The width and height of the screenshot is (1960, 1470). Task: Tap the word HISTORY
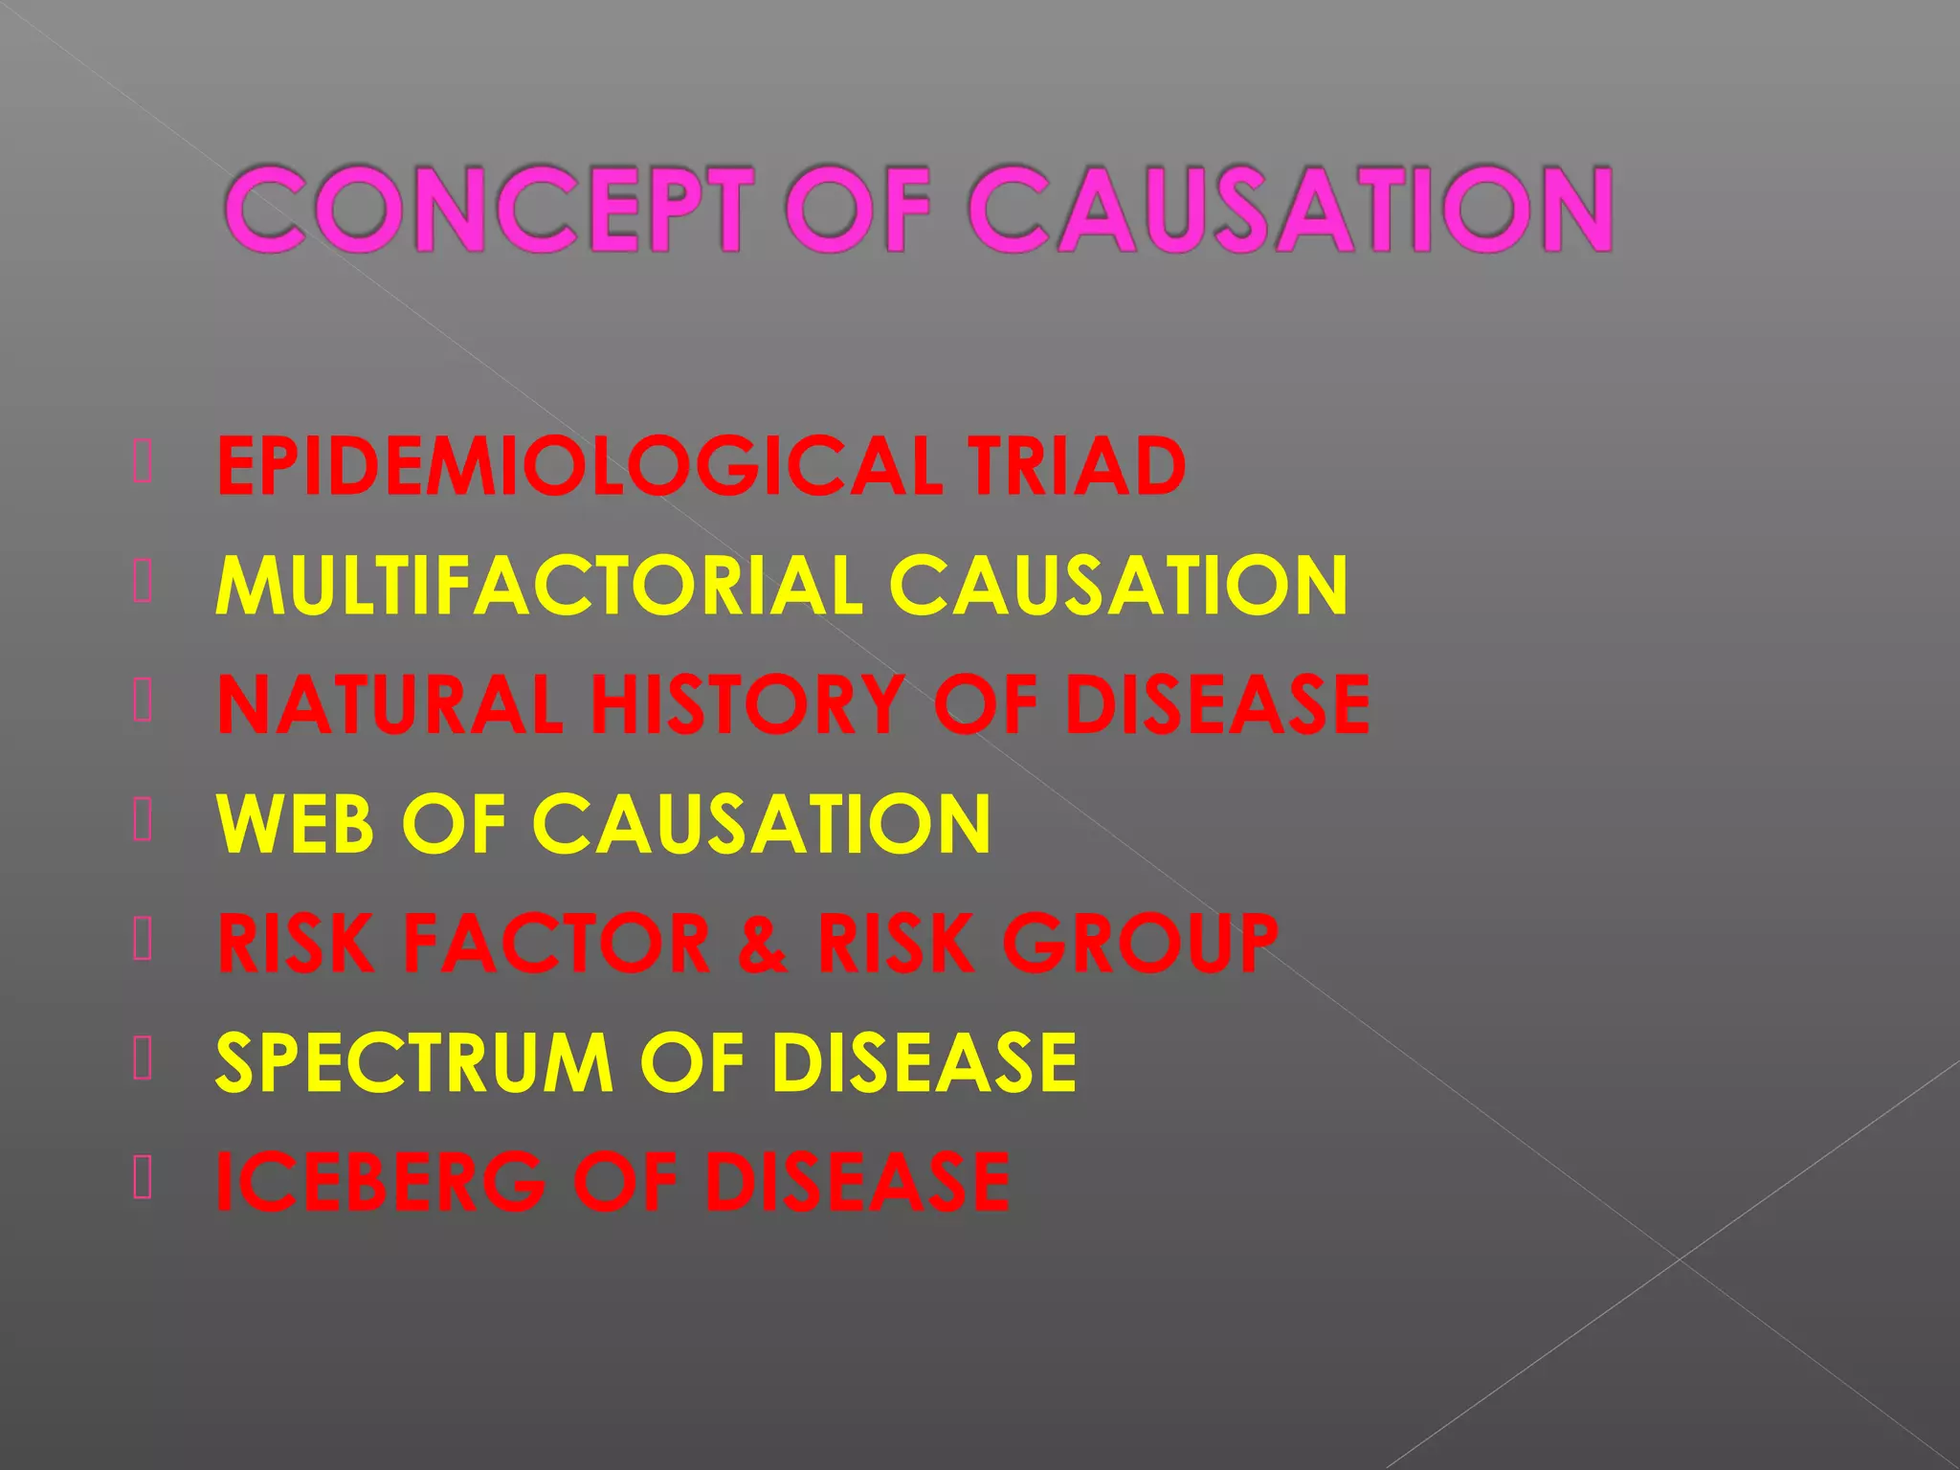click(747, 704)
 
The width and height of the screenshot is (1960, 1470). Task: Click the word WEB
click(295, 823)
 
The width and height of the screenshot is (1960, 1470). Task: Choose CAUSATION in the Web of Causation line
click(761, 823)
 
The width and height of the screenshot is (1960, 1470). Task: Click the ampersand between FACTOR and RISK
click(763, 943)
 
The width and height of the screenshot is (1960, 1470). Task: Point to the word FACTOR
click(556, 943)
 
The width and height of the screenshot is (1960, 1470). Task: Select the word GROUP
click(1140, 943)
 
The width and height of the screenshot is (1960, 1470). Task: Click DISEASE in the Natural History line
click(1217, 704)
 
